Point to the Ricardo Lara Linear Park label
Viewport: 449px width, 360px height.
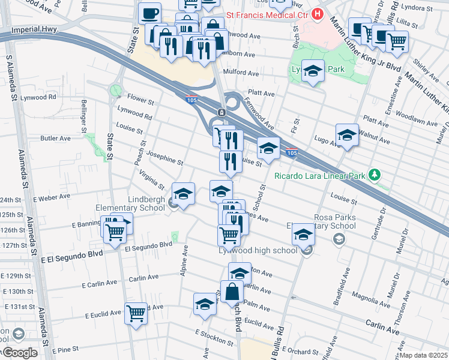point(320,176)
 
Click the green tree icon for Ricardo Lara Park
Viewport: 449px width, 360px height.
point(375,175)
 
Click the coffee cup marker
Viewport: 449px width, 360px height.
point(149,13)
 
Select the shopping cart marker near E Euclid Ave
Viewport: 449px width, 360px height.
point(136,313)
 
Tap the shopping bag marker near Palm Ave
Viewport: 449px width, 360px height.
point(232,292)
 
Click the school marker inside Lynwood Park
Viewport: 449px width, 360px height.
point(313,72)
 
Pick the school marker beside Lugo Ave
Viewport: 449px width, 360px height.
point(347,136)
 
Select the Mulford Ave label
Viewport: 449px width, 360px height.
point(240,74)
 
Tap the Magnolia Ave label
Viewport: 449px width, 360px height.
point(372,296)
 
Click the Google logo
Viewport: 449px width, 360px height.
point(20,352)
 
